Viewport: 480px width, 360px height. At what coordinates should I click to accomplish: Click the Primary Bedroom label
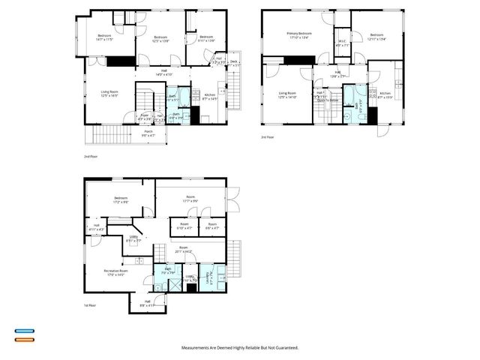pos(299,34)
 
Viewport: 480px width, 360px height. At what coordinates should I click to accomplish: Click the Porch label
pos(148,133)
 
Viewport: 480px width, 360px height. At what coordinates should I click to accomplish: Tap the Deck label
pos(233,62)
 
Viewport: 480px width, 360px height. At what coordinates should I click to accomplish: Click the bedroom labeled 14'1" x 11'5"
pos(104,37)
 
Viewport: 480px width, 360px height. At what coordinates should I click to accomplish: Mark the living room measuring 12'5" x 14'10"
pos(288,95)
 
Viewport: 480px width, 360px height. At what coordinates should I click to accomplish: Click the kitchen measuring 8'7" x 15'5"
pos(385,95)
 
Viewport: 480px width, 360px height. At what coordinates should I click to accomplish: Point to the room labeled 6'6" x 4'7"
pos(211,225)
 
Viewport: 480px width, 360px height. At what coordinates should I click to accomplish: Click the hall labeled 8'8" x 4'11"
pos(147,304)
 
